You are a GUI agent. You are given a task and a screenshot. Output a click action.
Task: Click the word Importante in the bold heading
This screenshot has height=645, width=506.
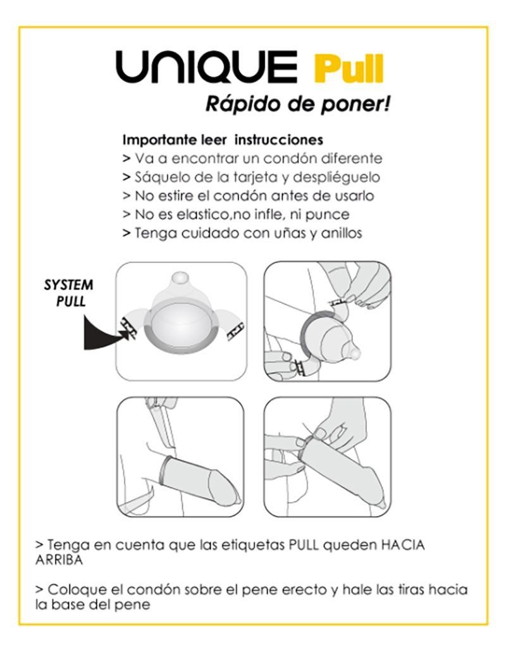154,139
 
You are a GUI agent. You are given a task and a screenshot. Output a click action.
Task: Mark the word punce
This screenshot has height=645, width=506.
330,214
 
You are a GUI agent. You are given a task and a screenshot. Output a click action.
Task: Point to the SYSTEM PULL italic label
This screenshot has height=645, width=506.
68,292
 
